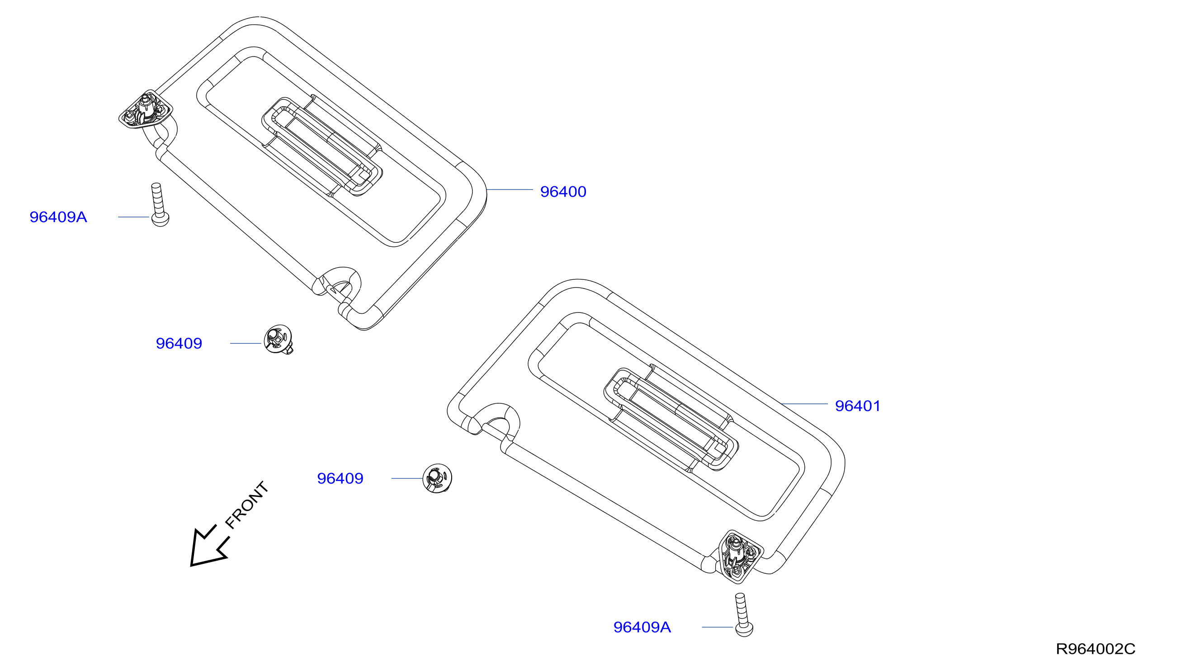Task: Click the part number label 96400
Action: (563, 192)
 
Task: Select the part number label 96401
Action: (858, 406)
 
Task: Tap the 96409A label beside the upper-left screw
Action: (58, 217)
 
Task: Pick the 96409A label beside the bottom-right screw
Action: (642, 627)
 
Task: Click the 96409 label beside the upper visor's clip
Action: (179, 343)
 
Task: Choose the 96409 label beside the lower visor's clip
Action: (340, 478)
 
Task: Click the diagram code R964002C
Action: (1096, 649)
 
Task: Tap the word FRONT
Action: (247, 505)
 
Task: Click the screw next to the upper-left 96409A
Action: (160, 205)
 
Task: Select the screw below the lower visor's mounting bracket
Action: (743, 615)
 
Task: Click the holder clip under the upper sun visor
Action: (279, 339)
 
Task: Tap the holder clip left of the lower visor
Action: (437, 478)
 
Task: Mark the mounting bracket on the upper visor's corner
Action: (146, 109)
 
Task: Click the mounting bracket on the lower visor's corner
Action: (740, 556)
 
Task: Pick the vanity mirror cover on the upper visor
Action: (322, 146)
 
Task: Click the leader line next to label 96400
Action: (510, 189)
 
